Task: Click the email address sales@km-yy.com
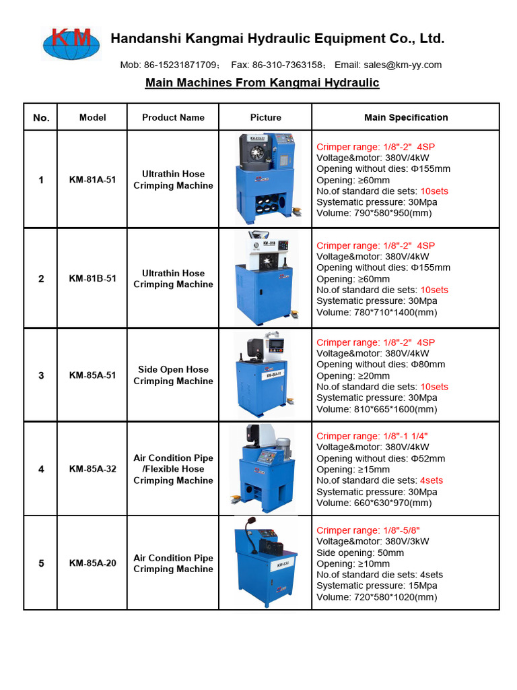pos(403,65)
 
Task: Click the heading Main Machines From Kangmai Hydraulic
pos(263,83)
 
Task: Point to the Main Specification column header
pos(406,117)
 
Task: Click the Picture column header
pos(265,117)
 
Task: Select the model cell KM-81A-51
pos(92,180)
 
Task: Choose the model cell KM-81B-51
pos(92,278)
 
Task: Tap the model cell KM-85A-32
pos(92,469)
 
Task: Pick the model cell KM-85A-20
pos(92,563)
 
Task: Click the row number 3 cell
pos(41,375)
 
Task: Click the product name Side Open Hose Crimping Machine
pos(173,375)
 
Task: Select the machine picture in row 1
pos(265,179)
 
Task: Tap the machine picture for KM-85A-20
pos(265,563)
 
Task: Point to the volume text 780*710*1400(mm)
pos(376,312)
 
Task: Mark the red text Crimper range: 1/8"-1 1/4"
pos(372,436)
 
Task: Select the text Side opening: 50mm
pos(360,553)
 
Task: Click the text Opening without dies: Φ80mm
pos(380,365)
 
